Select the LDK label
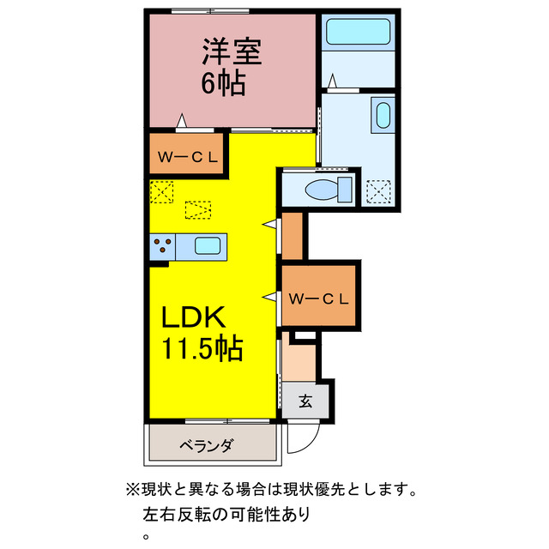coord(195,318)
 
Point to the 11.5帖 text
coord(202,349)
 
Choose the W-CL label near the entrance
coord(318,299)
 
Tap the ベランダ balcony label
coord(206,445)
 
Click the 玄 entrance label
coord(305,401)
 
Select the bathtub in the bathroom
coord(359,33)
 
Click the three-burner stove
coord(162,248)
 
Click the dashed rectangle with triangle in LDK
coord(198,208)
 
